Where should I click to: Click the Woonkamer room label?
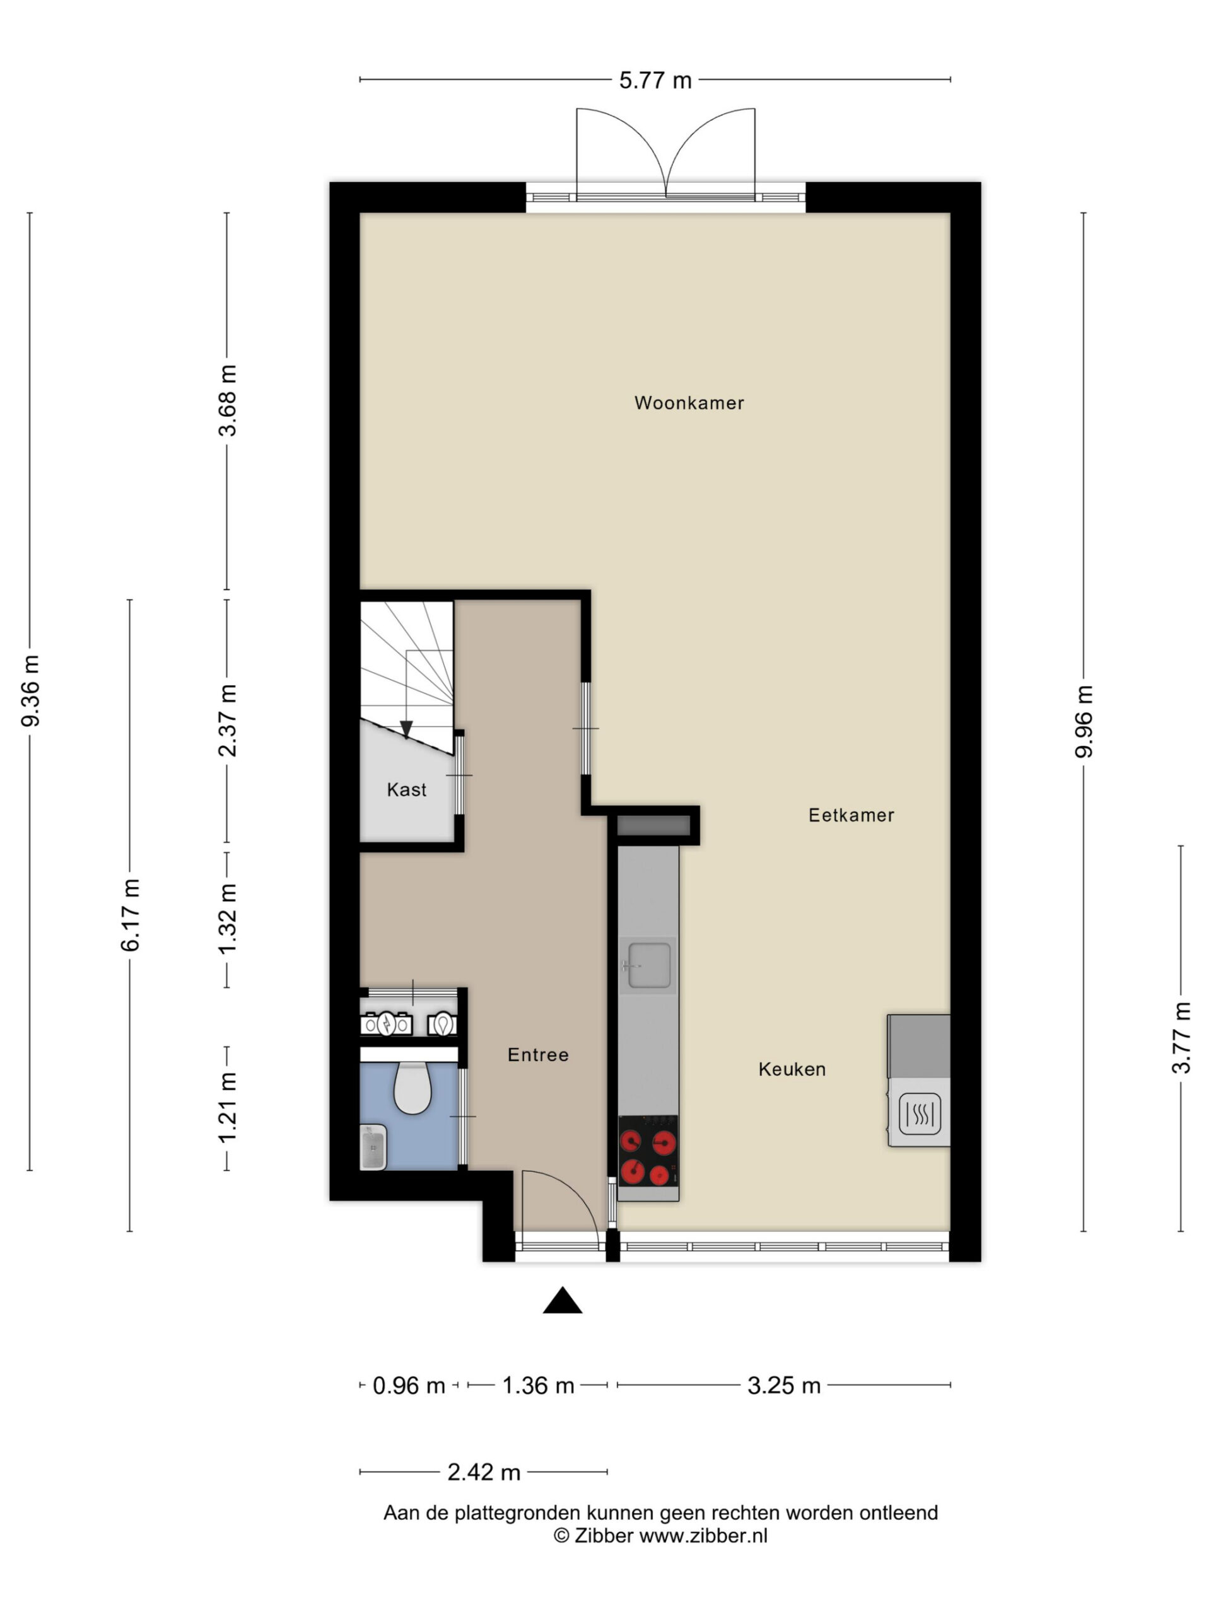pos(688,403)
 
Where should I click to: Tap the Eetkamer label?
pos(851,815)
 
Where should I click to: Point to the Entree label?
pos(538,1054)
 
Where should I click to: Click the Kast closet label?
pos(407,789)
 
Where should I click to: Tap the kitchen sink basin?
pos(649,965)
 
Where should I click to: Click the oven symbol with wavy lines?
pos(920,1114)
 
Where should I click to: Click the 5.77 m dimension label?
pos(655,80)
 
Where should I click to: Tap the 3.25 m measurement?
pos(784,1386)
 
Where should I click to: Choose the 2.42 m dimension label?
pos(483,1472)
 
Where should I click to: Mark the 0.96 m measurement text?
pos(409,1386)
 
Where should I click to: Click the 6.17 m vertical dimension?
pos(131,915)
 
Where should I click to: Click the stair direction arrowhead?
pos(407,729)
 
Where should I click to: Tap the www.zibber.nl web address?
pos(704,1535)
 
